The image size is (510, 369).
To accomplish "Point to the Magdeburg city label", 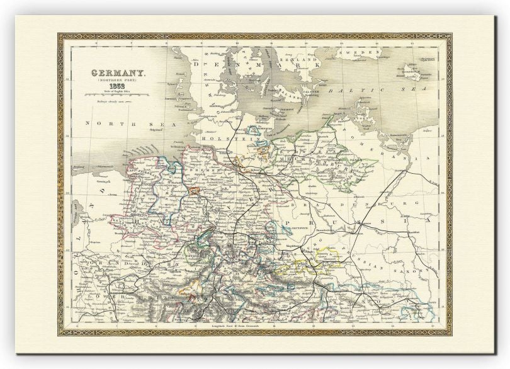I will (277, 247).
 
